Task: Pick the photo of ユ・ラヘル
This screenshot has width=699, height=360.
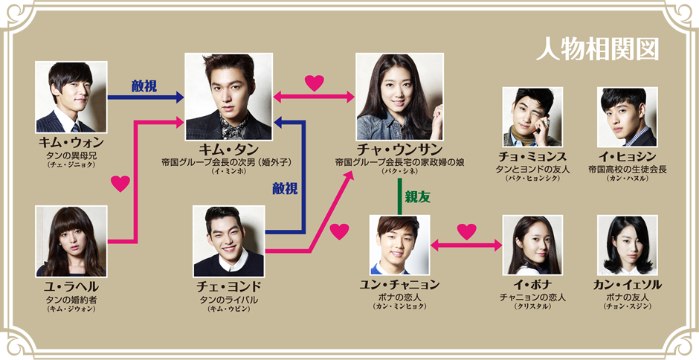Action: (71, 242)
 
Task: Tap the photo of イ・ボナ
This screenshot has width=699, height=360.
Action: (532, 245)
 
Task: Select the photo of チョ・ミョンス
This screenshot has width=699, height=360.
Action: (532, 117)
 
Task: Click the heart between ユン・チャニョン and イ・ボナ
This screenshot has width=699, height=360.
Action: (466, 232)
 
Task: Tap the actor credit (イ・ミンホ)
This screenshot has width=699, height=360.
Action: (228, 173)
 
